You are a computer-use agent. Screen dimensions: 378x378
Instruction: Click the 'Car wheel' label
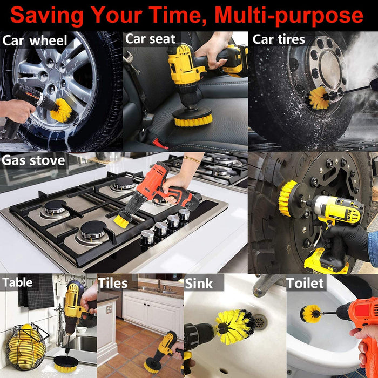click(x=35, y=40)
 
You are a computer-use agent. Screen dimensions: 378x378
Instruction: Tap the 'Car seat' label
click(x=151, y=39)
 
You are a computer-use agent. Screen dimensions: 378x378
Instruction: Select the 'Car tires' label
click(x=279, y=39)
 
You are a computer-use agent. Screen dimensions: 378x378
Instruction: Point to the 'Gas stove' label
click(x=33, y=160)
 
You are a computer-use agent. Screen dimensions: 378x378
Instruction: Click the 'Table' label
click(x=18, y=282)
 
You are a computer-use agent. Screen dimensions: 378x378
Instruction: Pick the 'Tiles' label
click(x=113, y=283)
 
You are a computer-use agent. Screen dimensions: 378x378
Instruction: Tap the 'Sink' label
click(x=199, y=283)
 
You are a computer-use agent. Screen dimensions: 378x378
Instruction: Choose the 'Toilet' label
click(x=305, y=283)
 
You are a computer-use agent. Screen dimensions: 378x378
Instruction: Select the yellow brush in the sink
click(x=235, y=327)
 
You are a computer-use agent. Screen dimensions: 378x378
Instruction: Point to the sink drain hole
click(x=260, y=322)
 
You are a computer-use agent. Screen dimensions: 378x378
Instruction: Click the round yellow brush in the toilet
click(x=312, y=314)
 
